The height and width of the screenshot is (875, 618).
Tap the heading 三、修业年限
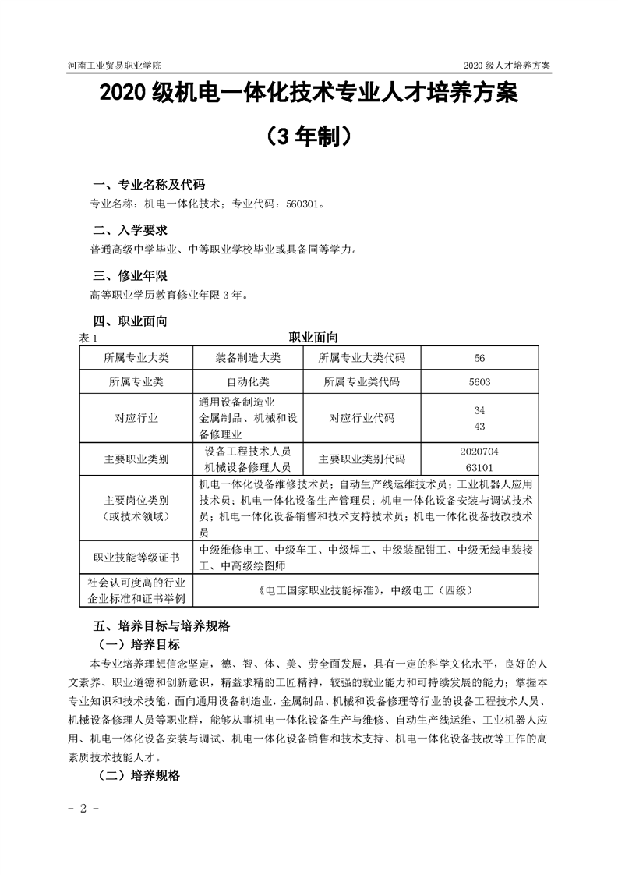pos(129,275)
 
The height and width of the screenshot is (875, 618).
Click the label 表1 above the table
pos(87,338)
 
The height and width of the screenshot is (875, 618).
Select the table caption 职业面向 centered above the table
pos(313,338)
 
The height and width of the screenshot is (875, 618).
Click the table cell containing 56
pos(479,357)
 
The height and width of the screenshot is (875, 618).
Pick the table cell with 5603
pos(479,382)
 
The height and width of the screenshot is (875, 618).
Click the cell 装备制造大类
pos(248,357)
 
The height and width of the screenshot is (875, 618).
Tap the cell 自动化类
pos(248,382)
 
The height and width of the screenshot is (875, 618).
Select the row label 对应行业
pos(136,418)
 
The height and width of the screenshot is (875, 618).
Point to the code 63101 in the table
pos(479,466)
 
